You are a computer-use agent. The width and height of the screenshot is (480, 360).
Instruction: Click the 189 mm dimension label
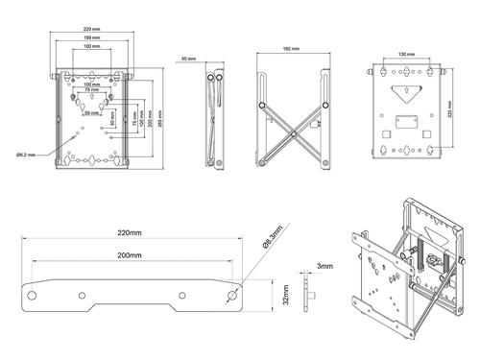(x=92, y=38)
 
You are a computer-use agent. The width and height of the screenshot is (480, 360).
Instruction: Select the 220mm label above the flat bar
(x=131, y=232)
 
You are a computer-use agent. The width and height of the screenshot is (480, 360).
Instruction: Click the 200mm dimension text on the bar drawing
(x=131, y=256)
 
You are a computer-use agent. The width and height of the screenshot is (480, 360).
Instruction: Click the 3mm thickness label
(x=324, y=266)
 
